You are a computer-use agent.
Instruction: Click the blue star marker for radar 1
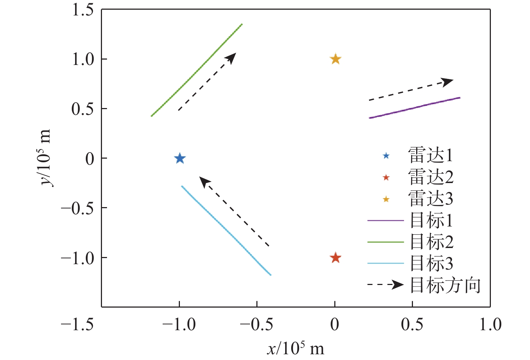tap(180, 158)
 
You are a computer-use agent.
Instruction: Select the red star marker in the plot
tap(335, 258)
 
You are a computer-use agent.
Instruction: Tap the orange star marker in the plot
tap(335, 59)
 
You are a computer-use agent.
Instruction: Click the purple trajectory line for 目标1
tap(415, 108)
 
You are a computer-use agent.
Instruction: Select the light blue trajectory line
tap(226, 230)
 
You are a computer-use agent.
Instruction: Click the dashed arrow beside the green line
tap(207, 82)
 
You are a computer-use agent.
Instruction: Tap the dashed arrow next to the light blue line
tap(234, 212)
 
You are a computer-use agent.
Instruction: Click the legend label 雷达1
tap(431, 155)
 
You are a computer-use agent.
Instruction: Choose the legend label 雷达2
tap(431, 177)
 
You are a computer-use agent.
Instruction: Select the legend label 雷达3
tap(431, 199)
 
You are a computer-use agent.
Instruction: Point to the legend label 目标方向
tap(445, 286)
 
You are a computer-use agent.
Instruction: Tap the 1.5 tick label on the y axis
tap(83, 10)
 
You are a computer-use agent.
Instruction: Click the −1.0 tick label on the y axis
tap(78, 258)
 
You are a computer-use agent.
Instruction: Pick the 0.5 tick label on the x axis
tap(412, 325)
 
